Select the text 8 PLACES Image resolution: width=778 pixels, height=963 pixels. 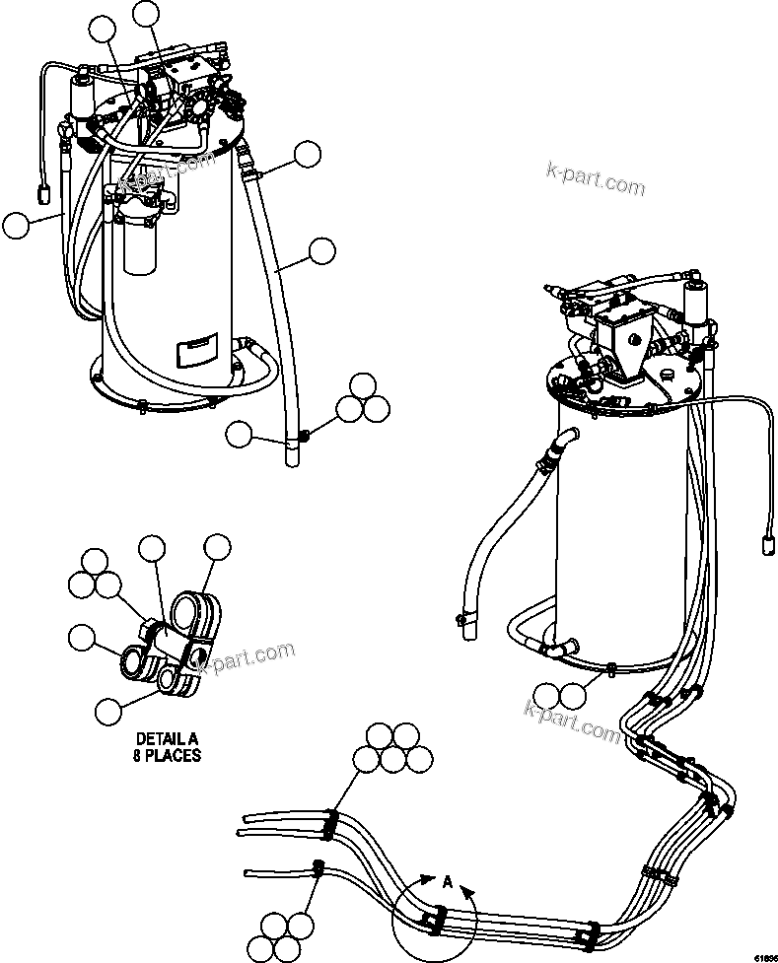pos(168,755)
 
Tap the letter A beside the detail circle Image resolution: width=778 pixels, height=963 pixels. pos(447,883)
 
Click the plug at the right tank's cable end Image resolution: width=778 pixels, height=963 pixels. pos(765,542)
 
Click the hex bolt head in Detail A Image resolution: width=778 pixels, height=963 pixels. pos(151,627)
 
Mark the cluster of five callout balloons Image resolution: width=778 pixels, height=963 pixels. pos(392,748)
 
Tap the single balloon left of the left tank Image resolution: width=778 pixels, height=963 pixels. pos(16,226)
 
